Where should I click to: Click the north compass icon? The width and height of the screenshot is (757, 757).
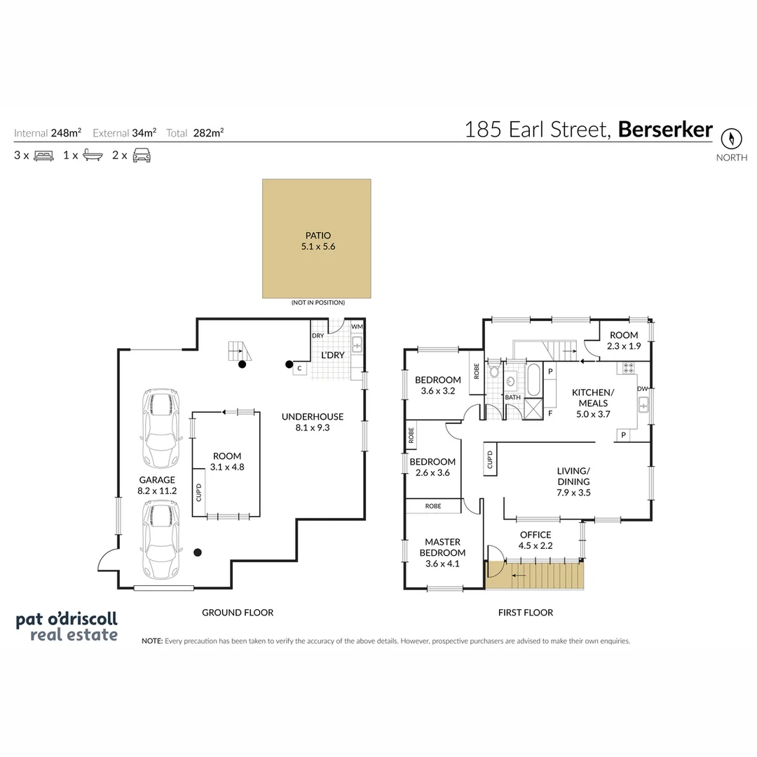731,139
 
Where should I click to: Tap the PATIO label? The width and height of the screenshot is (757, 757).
318,236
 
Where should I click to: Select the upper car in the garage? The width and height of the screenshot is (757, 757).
161,428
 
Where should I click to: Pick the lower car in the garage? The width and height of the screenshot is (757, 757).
161,539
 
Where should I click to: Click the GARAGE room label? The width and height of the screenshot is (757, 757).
157,480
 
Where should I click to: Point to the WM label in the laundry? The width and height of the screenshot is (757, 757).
357,327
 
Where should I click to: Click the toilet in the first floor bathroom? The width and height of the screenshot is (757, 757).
494,370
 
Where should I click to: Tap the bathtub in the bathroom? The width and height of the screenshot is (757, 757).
534,379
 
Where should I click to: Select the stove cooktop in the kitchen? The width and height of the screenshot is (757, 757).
628,369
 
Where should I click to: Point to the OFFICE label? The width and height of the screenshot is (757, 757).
536,535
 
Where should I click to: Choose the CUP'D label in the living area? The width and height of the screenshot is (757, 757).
490,460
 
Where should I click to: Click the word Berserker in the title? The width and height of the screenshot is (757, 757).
664,130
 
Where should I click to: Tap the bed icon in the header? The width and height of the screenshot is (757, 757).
43,156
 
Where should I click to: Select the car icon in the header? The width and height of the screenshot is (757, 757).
142,156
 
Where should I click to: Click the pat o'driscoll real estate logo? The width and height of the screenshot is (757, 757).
67,627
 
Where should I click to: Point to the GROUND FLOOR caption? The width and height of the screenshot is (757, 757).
238,613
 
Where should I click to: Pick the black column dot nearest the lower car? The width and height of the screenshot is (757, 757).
198,552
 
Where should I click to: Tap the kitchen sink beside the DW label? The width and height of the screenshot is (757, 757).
643,404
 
